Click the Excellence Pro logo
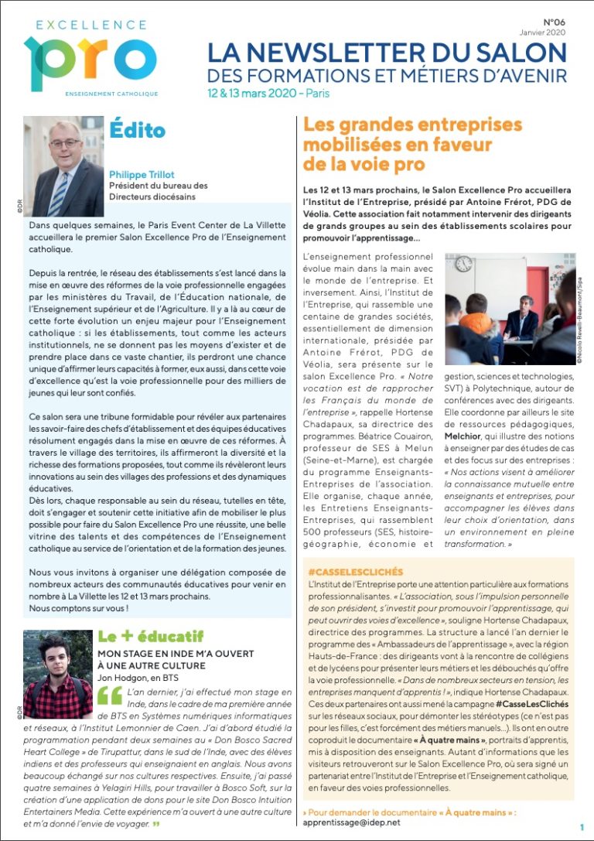point(90,56)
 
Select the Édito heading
point(138,128)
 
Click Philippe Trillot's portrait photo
point(63,166)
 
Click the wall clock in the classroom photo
point(464,263)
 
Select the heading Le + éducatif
point(149,637)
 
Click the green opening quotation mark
point(109,696)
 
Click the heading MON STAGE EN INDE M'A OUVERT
point(176,654)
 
